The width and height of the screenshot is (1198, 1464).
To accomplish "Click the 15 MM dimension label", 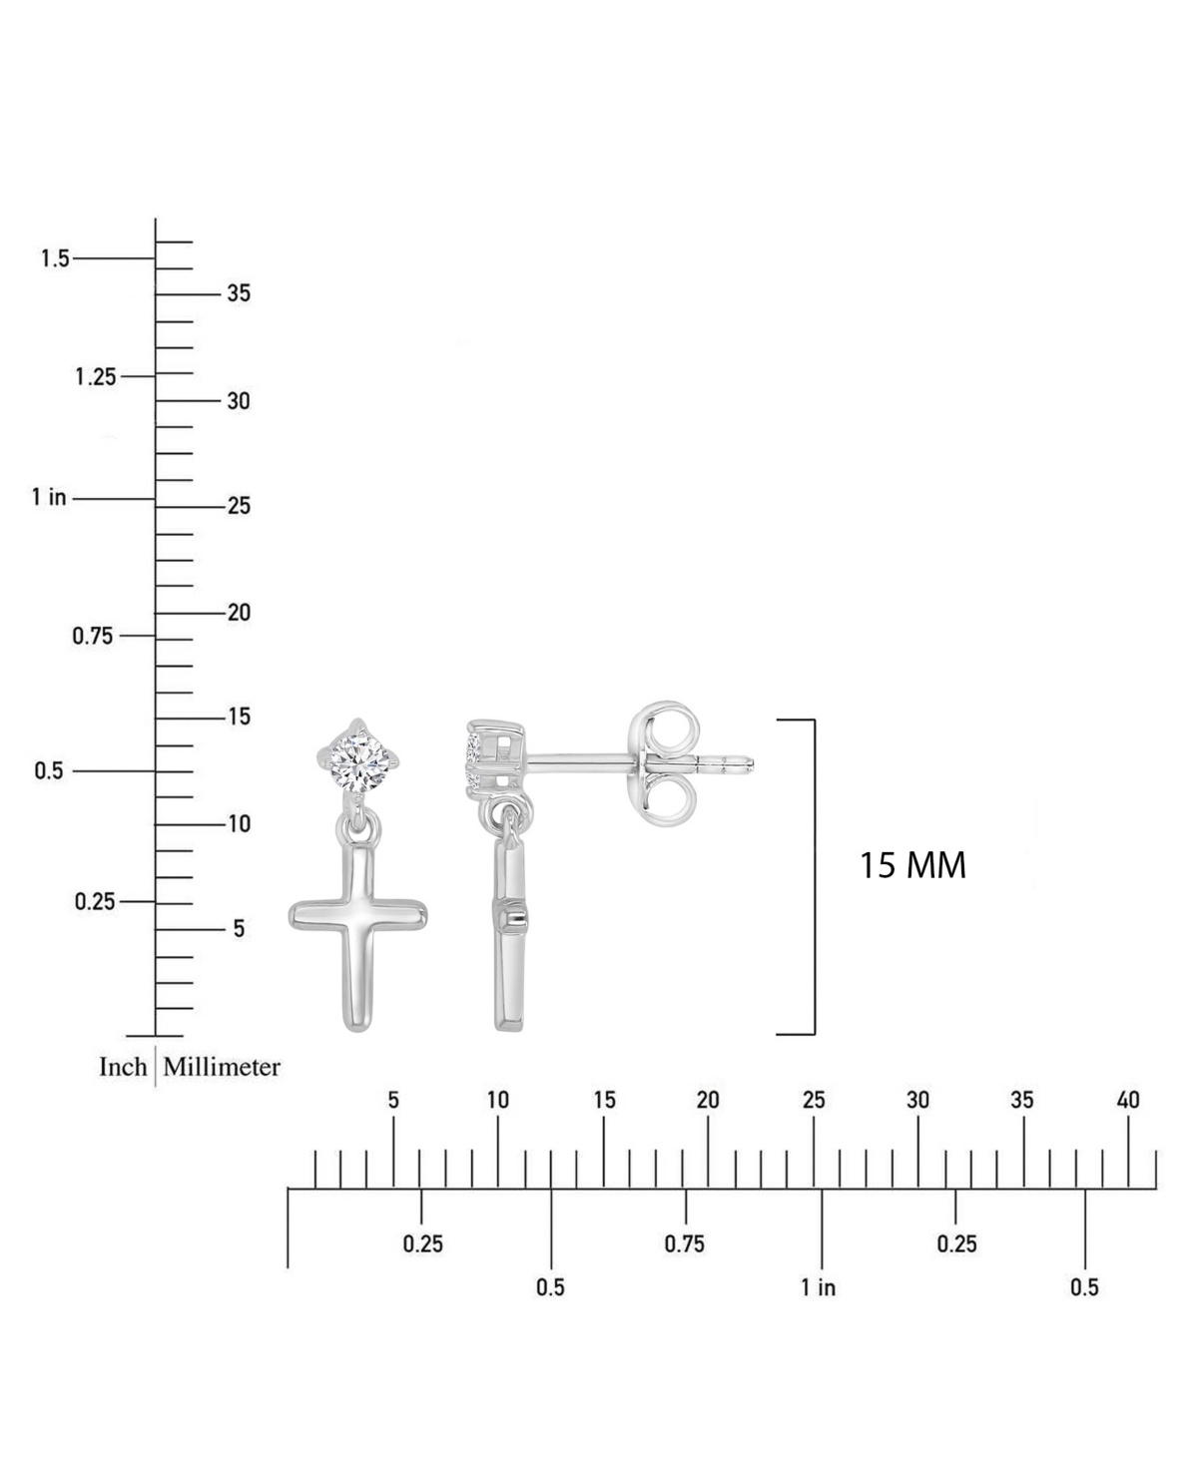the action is click(x=912, y=866).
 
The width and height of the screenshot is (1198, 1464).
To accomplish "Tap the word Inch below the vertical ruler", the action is click(x=123, y=1067).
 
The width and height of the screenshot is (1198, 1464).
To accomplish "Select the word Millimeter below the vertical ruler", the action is click(x=222, y=1067).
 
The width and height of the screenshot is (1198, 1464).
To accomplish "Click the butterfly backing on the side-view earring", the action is click(x=663, y=764).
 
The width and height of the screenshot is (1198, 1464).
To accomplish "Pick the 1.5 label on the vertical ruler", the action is click(x=55, y=258).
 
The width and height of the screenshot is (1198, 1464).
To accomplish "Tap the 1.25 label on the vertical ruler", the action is click(x=96, y=377).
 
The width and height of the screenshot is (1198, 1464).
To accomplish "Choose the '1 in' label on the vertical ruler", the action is click(x=49, y=497).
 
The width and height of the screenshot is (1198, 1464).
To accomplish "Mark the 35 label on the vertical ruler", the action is click(x=239, y=293).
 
